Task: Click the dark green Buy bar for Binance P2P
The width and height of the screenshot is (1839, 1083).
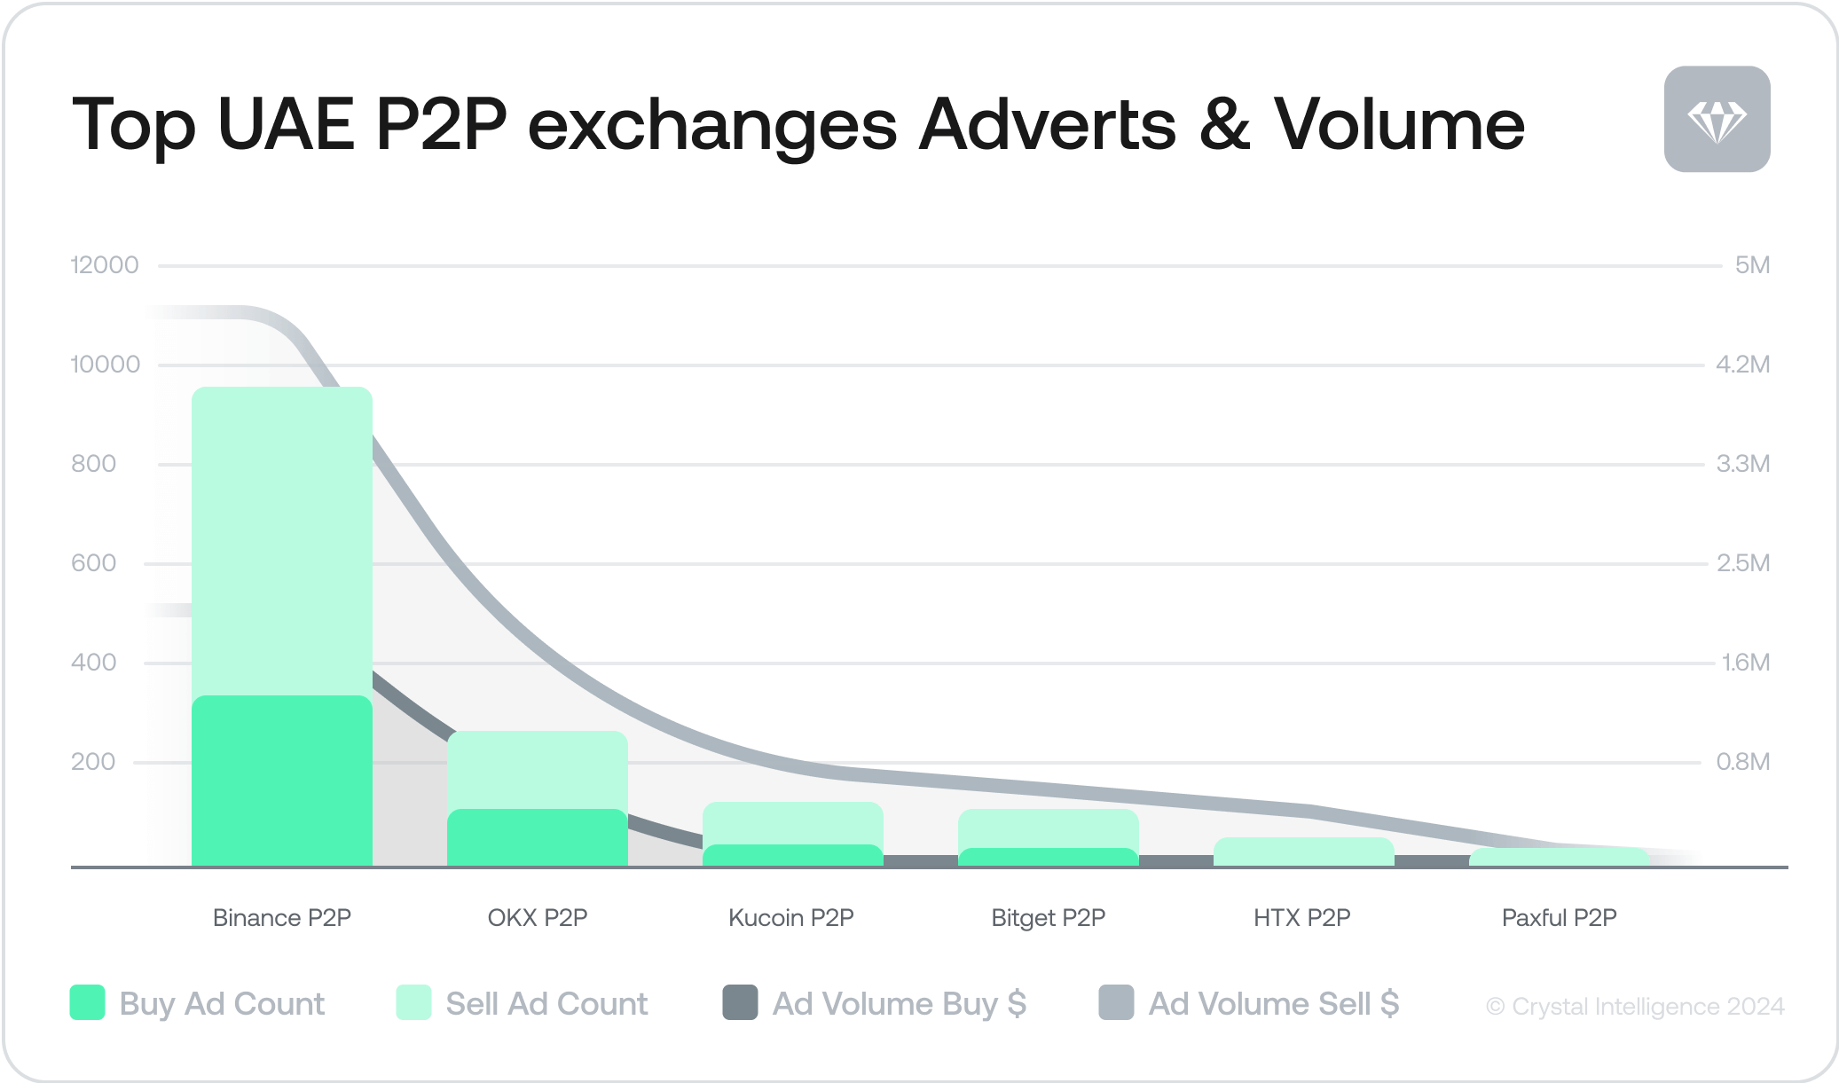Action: [282, 781]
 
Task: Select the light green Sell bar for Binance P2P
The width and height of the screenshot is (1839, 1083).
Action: [282, 541]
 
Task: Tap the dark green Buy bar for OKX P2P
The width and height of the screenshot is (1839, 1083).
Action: [538, 837]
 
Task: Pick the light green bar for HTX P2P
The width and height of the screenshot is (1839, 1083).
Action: [1303, 851]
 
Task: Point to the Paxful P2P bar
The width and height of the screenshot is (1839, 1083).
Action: [1559, 857]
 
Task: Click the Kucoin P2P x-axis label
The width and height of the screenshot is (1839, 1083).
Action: [790, 917]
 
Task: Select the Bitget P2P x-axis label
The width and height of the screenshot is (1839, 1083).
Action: [1048, 917]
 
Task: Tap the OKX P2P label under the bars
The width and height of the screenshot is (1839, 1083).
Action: [538, 917]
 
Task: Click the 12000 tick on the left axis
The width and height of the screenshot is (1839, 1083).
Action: [105, 265]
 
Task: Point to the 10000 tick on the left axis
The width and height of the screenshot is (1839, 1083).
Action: [106, 365]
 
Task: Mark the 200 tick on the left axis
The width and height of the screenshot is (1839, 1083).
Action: [93, 762]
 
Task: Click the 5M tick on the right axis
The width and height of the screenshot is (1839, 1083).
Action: [1752, 265]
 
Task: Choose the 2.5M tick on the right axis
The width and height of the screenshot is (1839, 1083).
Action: [1743, 563]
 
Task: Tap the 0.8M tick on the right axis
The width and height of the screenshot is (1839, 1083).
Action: [1743, 762]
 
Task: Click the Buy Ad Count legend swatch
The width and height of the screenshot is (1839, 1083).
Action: [88, 1003]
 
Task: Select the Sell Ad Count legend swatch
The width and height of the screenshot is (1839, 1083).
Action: [413, 1003]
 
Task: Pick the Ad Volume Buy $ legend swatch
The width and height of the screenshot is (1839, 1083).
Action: [740, 1003]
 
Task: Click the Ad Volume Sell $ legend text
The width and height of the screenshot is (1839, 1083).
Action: [1273, 1003]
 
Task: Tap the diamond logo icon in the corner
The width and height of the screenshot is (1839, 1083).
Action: [1717, 119]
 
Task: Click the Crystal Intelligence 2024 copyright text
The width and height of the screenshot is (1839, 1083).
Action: [1635, 1007]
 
